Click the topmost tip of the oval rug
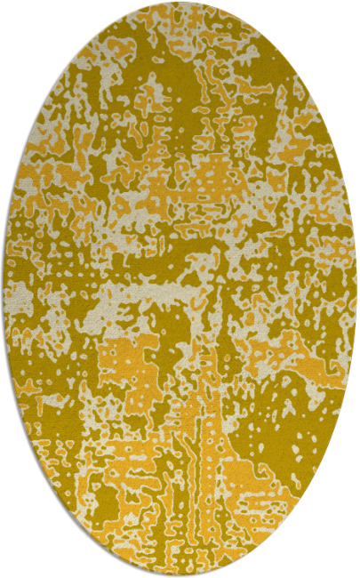[180, 2]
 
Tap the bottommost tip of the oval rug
[180, 575]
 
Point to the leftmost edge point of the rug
[4, 289]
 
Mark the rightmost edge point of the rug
[356, 289]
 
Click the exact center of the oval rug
[180, 289]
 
